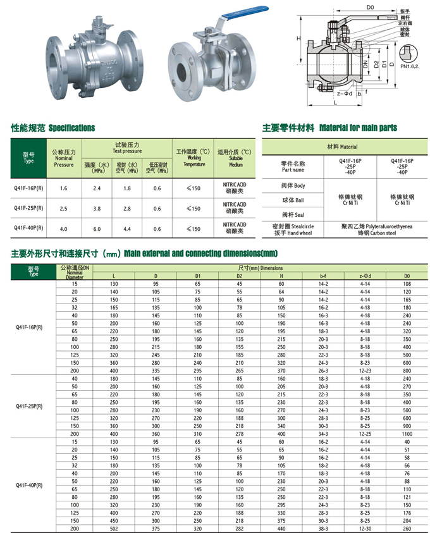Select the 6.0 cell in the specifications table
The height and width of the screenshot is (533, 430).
97,228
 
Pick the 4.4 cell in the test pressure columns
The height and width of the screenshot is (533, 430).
126,228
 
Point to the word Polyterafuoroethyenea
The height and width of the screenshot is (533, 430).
387,226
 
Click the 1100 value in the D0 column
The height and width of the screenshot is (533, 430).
407,434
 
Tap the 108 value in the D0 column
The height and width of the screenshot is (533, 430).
407,285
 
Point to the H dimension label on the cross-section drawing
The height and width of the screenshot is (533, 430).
297,39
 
